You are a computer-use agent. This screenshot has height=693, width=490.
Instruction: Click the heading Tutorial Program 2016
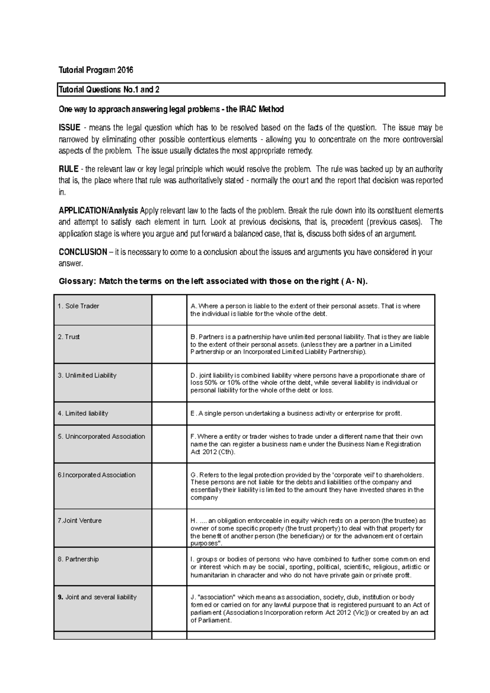pos(96,70)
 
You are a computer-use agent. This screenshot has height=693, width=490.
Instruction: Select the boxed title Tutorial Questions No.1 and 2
pos(109,90)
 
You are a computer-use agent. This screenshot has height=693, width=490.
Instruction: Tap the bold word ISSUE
pos(69,128)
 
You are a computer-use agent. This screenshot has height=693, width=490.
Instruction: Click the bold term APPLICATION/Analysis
pos(98,211)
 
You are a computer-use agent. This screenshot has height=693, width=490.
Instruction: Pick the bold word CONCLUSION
pos(83,252)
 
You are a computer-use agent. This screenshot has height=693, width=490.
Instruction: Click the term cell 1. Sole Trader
pos(79,306)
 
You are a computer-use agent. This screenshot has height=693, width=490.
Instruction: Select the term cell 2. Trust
pos(69,337)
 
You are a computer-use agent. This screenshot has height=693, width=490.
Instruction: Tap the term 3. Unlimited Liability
pos(87,375)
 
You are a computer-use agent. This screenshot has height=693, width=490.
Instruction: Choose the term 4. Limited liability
pos(83,413)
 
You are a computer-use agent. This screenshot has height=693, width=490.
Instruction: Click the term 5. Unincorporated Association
pos(101,437)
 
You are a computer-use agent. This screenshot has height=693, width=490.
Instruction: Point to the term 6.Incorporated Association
pos(96,475)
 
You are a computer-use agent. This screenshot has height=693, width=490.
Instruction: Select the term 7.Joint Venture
pos(80,521)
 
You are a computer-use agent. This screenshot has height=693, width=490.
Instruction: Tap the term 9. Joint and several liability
pos(97,597)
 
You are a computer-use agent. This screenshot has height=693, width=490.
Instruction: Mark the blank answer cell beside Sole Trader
pos(169,310)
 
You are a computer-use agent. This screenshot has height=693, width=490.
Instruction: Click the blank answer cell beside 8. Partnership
pos(169,566)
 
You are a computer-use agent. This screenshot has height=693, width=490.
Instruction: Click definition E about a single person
pos(296,413)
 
